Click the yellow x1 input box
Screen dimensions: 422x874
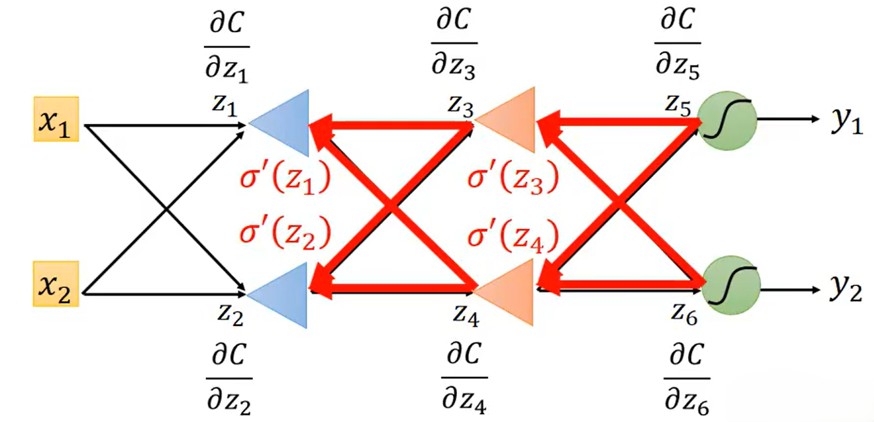[57, 120]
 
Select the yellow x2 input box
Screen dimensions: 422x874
[57, 284]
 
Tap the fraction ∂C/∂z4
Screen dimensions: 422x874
[463, 376]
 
